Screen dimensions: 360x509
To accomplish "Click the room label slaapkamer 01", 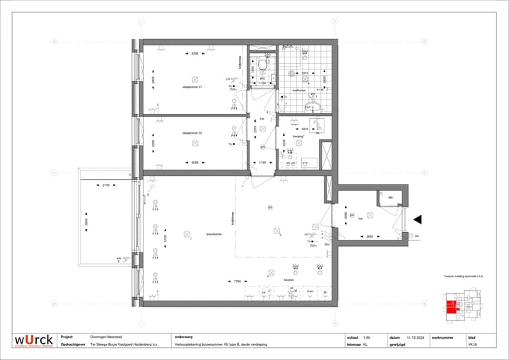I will click(192, 86).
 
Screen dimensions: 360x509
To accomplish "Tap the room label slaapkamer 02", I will click(192, 133).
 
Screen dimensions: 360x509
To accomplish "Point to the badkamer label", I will click(299, 91).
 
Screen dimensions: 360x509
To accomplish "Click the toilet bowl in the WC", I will click(262, 66).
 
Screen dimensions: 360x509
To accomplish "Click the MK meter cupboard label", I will click(390, 197).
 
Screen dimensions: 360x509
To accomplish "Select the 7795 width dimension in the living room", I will click(238, 281).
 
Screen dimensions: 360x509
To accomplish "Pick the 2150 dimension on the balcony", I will click(105, 185).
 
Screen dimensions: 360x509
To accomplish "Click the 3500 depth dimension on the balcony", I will click(88, 219).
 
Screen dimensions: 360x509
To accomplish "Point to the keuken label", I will click(288, 280).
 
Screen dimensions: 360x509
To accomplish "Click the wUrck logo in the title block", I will click(33, 341).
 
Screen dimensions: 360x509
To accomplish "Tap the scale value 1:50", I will click(366, 337).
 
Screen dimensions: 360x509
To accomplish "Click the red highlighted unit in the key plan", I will click(450, 307).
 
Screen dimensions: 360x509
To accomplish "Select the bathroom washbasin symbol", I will click(317, 108).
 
